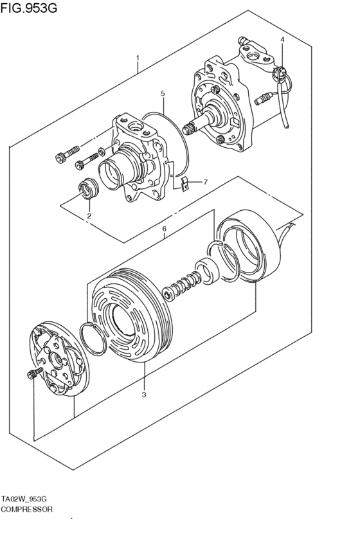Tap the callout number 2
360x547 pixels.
point(89,216)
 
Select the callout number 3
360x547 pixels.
point(144,394)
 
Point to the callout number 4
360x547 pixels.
point(282,40)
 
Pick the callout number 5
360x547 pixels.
point(163,93)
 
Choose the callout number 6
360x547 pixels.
point(164,229)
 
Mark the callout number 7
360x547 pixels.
point(205,182)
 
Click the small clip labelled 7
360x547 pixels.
point(184,184)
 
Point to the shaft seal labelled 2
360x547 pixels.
point(86,190)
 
